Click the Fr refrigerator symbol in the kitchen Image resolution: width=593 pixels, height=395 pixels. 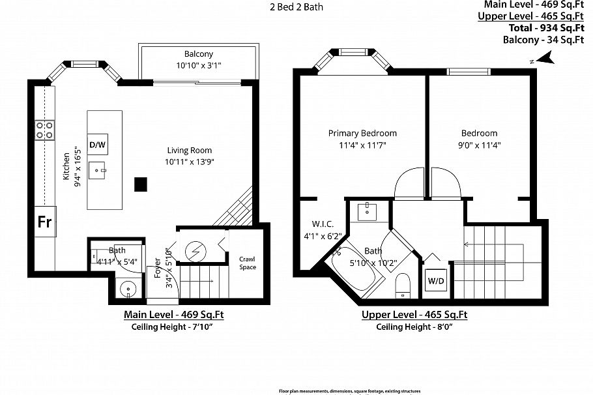[44, 222]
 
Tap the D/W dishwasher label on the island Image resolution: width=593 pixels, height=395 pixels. [97, 144]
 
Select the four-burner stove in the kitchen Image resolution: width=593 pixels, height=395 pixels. [44, 130]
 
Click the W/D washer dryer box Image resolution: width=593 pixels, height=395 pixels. [436, 282]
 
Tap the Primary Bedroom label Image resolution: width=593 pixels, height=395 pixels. [362, 133]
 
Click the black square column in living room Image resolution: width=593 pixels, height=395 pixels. [140, 184]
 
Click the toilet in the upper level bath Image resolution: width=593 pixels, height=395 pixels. [403, 285]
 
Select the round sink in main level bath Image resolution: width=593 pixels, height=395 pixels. [126, 289]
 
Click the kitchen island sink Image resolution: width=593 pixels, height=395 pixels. [100, 171]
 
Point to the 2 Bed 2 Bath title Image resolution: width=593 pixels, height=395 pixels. [296, 8]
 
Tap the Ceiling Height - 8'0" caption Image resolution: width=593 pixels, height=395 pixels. [414, 327]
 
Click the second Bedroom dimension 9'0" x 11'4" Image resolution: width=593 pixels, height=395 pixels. [479, 145]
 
